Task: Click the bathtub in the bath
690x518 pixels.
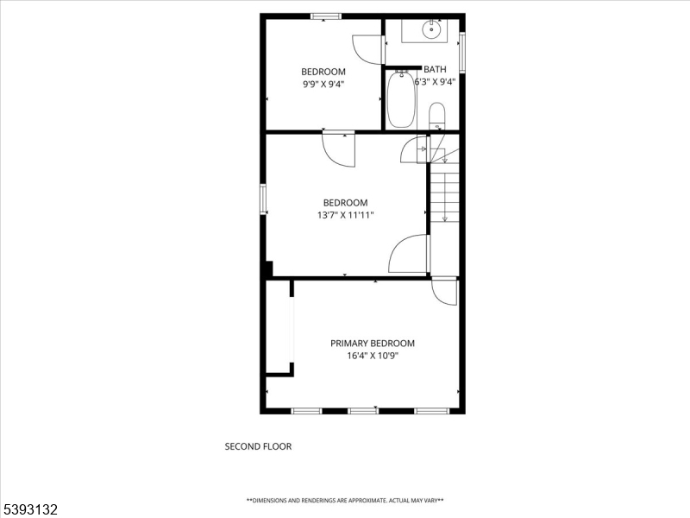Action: (x=401, y=99)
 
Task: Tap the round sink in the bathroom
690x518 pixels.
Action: (x=432, y=30)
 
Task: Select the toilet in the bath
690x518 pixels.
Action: (x=437, y=116)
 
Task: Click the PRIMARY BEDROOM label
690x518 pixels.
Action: (x=373, y=343)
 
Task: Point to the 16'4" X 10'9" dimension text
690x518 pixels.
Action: (x=373, y=356)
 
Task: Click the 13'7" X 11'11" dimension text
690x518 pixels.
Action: (x=346, y=215)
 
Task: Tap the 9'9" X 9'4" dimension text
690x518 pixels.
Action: (x=323, y=84)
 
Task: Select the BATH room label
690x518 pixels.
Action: (x=435, y=69)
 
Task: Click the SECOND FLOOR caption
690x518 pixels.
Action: (x=258, y=446)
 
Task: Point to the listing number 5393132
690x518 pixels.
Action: (x=29, y=509)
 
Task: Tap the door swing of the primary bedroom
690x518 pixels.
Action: (x=444, y=292)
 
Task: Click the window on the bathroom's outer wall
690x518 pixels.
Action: (x=462, y=52)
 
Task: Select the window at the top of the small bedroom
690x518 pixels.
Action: (x=326, y=16)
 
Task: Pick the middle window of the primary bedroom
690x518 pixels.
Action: (x=363, y=411)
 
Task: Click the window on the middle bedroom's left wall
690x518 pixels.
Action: (x=263, y=199)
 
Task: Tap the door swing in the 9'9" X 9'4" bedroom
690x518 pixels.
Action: (x=367, y=49)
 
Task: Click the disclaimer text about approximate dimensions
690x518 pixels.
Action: (x=345, y=501)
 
